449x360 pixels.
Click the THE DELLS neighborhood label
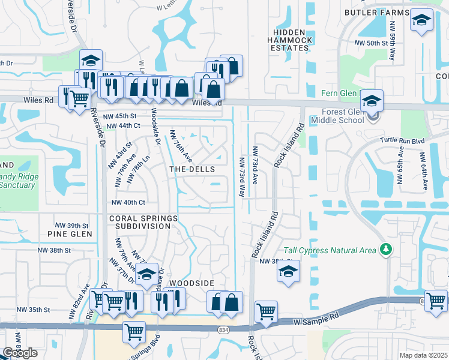(192, 170)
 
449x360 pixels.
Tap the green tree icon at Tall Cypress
(386, 249)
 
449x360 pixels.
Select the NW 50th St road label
(372, 43)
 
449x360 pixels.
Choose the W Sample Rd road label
(313, 322)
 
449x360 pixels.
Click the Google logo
(20, 353)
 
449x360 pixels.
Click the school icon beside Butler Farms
(421, 20)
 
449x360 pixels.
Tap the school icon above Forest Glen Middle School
(372, 99)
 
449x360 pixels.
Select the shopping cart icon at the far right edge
(435, 299)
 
